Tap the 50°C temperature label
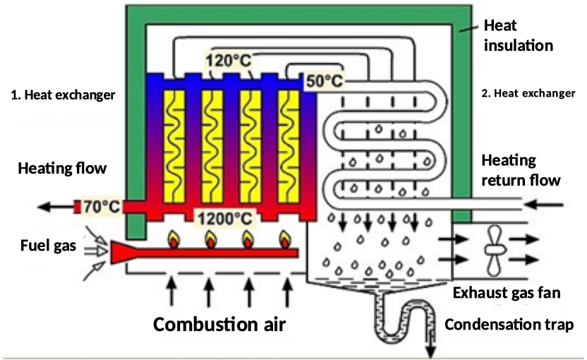[x=324, y=81]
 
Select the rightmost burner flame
[x=285, y=238]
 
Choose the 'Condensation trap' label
[x=505, y=325]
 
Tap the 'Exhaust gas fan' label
[x=507, y=293]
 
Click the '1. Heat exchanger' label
[x=63, y=94]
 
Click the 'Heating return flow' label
[x=521, y=170]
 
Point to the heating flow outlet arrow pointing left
[x=55, y=207]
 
